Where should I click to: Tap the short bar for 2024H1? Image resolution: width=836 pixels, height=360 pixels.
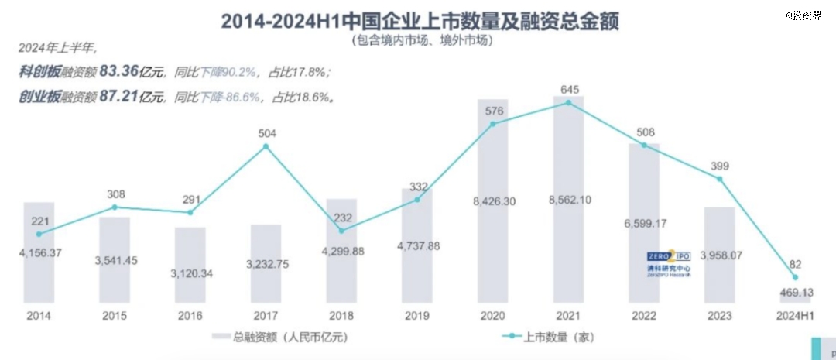click(x=796, y=298)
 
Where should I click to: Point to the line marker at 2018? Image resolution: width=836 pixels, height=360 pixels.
click(x=341, y=230)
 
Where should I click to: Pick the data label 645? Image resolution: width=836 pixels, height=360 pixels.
click(x=570, y=88)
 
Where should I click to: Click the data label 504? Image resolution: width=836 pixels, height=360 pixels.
click(x=266, y=132)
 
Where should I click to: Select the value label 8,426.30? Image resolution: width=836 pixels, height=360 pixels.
click(x=494, y=202)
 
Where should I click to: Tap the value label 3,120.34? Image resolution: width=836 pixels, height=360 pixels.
click(x=190, y=273)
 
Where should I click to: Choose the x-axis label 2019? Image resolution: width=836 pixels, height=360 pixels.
click(x=417, y=316)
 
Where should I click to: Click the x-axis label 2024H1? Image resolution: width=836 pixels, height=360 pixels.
click(x=796, y=316)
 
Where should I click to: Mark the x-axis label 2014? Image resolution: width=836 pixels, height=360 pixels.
click(x=39, y=316)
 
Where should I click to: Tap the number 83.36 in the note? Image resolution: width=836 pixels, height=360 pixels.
click(x=119, y=72)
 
